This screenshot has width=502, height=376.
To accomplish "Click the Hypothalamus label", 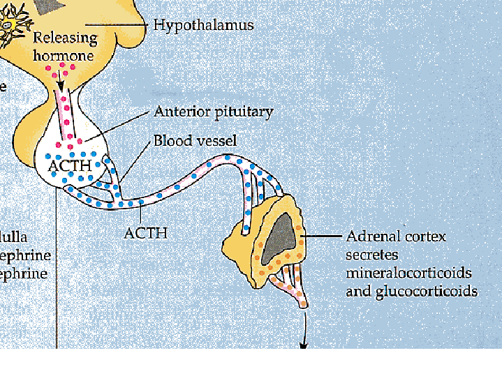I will (203, 26).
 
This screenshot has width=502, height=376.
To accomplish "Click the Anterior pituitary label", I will (213, 112).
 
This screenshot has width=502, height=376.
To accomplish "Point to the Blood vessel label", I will (195, 141).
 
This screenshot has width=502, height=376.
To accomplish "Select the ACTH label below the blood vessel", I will (146, 232).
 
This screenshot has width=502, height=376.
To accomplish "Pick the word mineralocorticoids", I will (408, 272).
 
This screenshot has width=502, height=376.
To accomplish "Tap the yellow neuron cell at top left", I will (13, 25).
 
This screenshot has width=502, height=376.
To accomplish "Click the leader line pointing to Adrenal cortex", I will (323, 236).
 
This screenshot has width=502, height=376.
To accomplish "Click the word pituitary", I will (244, 112).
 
